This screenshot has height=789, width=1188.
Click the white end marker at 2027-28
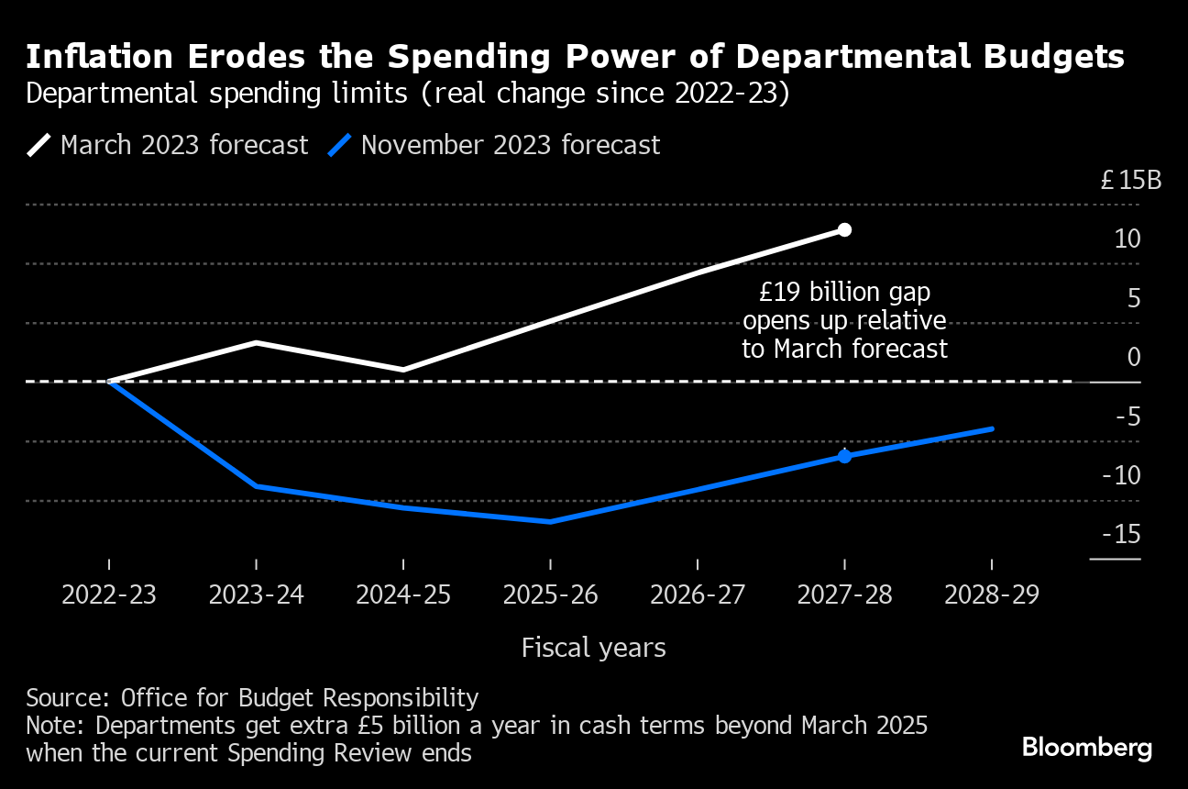click(x=844, y=229)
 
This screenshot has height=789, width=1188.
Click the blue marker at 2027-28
click(x=844, y=456)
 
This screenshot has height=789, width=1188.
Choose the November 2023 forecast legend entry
click(x=495, y=146)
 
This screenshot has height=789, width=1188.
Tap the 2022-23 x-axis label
click(x=109, y=595)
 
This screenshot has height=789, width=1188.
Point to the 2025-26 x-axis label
click(x=550, y=595)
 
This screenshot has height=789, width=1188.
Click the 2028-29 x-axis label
click(x=992, y=595)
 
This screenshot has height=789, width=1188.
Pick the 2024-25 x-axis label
click(x=403, y=595)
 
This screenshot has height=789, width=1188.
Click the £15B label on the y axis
click(x=1130, y=180)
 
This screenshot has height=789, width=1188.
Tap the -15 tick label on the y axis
click(x=1127, y=535)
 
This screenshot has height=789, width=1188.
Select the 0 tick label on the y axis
click(x=1134, y=358)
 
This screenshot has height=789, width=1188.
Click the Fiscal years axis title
click(x=593, y=648)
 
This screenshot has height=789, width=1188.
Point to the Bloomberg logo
click(x=1086, y=748)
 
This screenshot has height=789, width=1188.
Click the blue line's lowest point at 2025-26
click(x=550, y=521)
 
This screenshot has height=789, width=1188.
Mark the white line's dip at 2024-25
click(x=403, y=370)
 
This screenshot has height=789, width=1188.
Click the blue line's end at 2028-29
click(x=992, y=428)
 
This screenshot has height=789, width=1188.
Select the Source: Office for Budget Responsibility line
click(x=252, y=698)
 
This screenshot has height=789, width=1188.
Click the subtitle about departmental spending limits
click(x=407, y=94)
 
